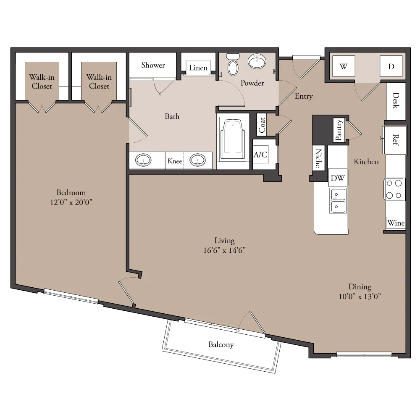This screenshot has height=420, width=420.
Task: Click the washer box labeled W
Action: [344, 66]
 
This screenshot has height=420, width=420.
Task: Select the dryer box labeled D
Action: [391, 66]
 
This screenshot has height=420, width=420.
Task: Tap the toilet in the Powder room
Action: [233, 65]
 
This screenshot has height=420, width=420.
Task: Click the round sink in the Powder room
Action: [257, 62]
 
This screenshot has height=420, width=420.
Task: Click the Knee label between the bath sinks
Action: [175, 161]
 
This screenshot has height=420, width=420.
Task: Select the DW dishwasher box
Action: [338, 178]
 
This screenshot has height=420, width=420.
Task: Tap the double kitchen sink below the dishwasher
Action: [338, 201]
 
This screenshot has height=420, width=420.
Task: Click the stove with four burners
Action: [395, 189]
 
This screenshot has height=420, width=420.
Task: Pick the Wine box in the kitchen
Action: [396, 223]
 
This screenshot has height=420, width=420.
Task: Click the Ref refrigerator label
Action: [396, 140]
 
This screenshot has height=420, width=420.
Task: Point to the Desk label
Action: [396, 100]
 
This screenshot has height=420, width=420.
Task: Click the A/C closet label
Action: [260, 154]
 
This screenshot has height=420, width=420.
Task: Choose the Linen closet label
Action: [198, 68]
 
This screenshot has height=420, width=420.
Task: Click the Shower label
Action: [153, 65]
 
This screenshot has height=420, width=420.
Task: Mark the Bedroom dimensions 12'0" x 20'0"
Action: [71, 202]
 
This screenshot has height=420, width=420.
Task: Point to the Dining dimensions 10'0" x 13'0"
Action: [360, 296]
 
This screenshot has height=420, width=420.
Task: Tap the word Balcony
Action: [221, 344]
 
